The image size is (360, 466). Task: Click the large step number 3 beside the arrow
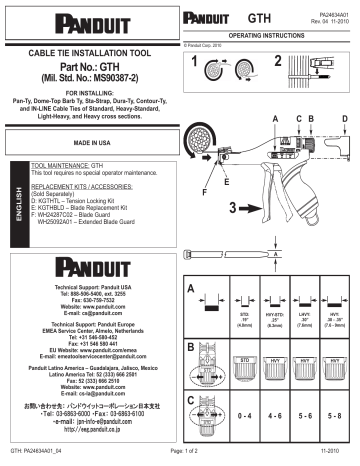coord(205,208)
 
